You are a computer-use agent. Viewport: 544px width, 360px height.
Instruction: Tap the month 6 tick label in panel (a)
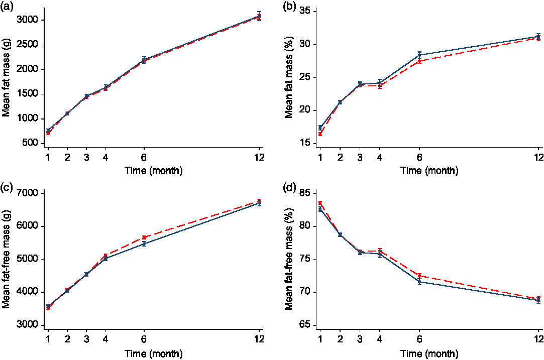tap(144, 156)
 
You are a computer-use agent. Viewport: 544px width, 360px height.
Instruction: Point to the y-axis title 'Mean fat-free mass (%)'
tap(289, 259)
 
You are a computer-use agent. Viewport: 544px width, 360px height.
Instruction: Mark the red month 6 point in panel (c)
tap(144, 237)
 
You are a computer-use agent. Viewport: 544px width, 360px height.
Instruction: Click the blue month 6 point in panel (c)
tap(144, 244)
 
